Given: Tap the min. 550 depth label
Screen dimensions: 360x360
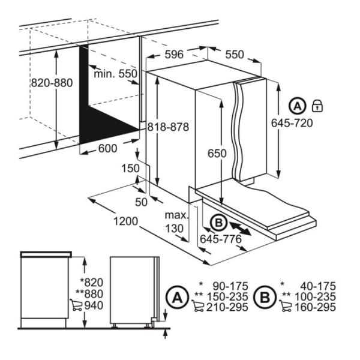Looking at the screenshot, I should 116,73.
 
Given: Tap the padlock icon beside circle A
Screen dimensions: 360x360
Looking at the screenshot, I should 317,106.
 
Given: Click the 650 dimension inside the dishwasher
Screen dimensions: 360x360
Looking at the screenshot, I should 217,154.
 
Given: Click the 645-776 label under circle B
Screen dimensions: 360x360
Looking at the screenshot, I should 220,239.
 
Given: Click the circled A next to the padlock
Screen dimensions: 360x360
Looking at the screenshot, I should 297,106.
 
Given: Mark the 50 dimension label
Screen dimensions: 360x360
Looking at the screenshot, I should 140,202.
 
